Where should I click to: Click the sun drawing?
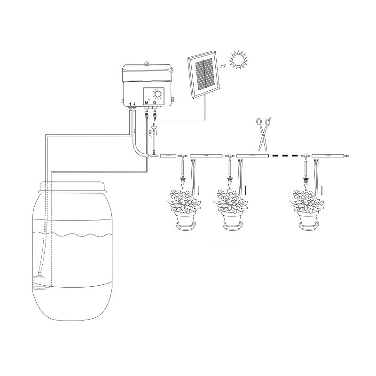tap(238, 60)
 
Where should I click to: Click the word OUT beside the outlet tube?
tap(150, 134)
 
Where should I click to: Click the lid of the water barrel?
tap(72, 187)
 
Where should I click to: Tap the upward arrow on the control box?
tap(130, 104)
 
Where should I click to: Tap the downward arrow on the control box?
tap(134, 104)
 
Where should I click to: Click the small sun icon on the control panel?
tap(155, 102)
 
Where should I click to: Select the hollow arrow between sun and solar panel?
tap(224, 66)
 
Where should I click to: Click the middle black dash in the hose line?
tap(285, 156)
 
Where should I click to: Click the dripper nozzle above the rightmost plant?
tap(306, 180)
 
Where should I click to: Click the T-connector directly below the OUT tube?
tap(153, 156)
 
